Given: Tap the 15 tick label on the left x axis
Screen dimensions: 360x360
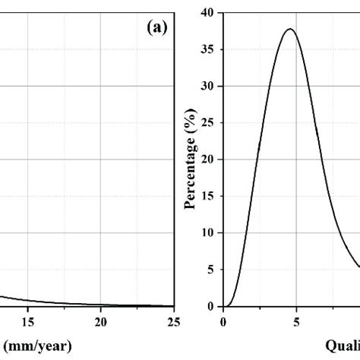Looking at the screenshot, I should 27,322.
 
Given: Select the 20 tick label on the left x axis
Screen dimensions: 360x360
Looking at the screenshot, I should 101,322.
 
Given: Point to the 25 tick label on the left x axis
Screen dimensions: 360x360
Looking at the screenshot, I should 174,322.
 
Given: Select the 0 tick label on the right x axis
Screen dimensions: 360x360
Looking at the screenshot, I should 223,322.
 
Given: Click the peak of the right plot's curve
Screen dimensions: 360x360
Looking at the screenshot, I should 289,29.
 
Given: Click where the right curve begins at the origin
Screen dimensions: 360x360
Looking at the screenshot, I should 224,306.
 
